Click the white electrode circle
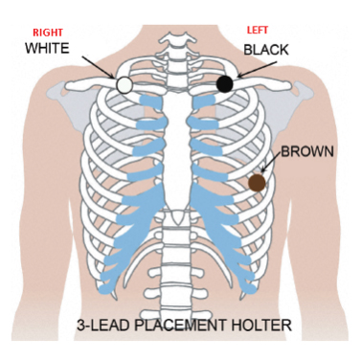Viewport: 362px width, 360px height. point(124,85)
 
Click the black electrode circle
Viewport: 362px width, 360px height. point(225,84)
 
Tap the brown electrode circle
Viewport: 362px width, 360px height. point(257,182)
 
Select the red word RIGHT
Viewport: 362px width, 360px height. point(47,30)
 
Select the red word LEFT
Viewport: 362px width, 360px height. point(259,30)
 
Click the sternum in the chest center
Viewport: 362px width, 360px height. point(176,144)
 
